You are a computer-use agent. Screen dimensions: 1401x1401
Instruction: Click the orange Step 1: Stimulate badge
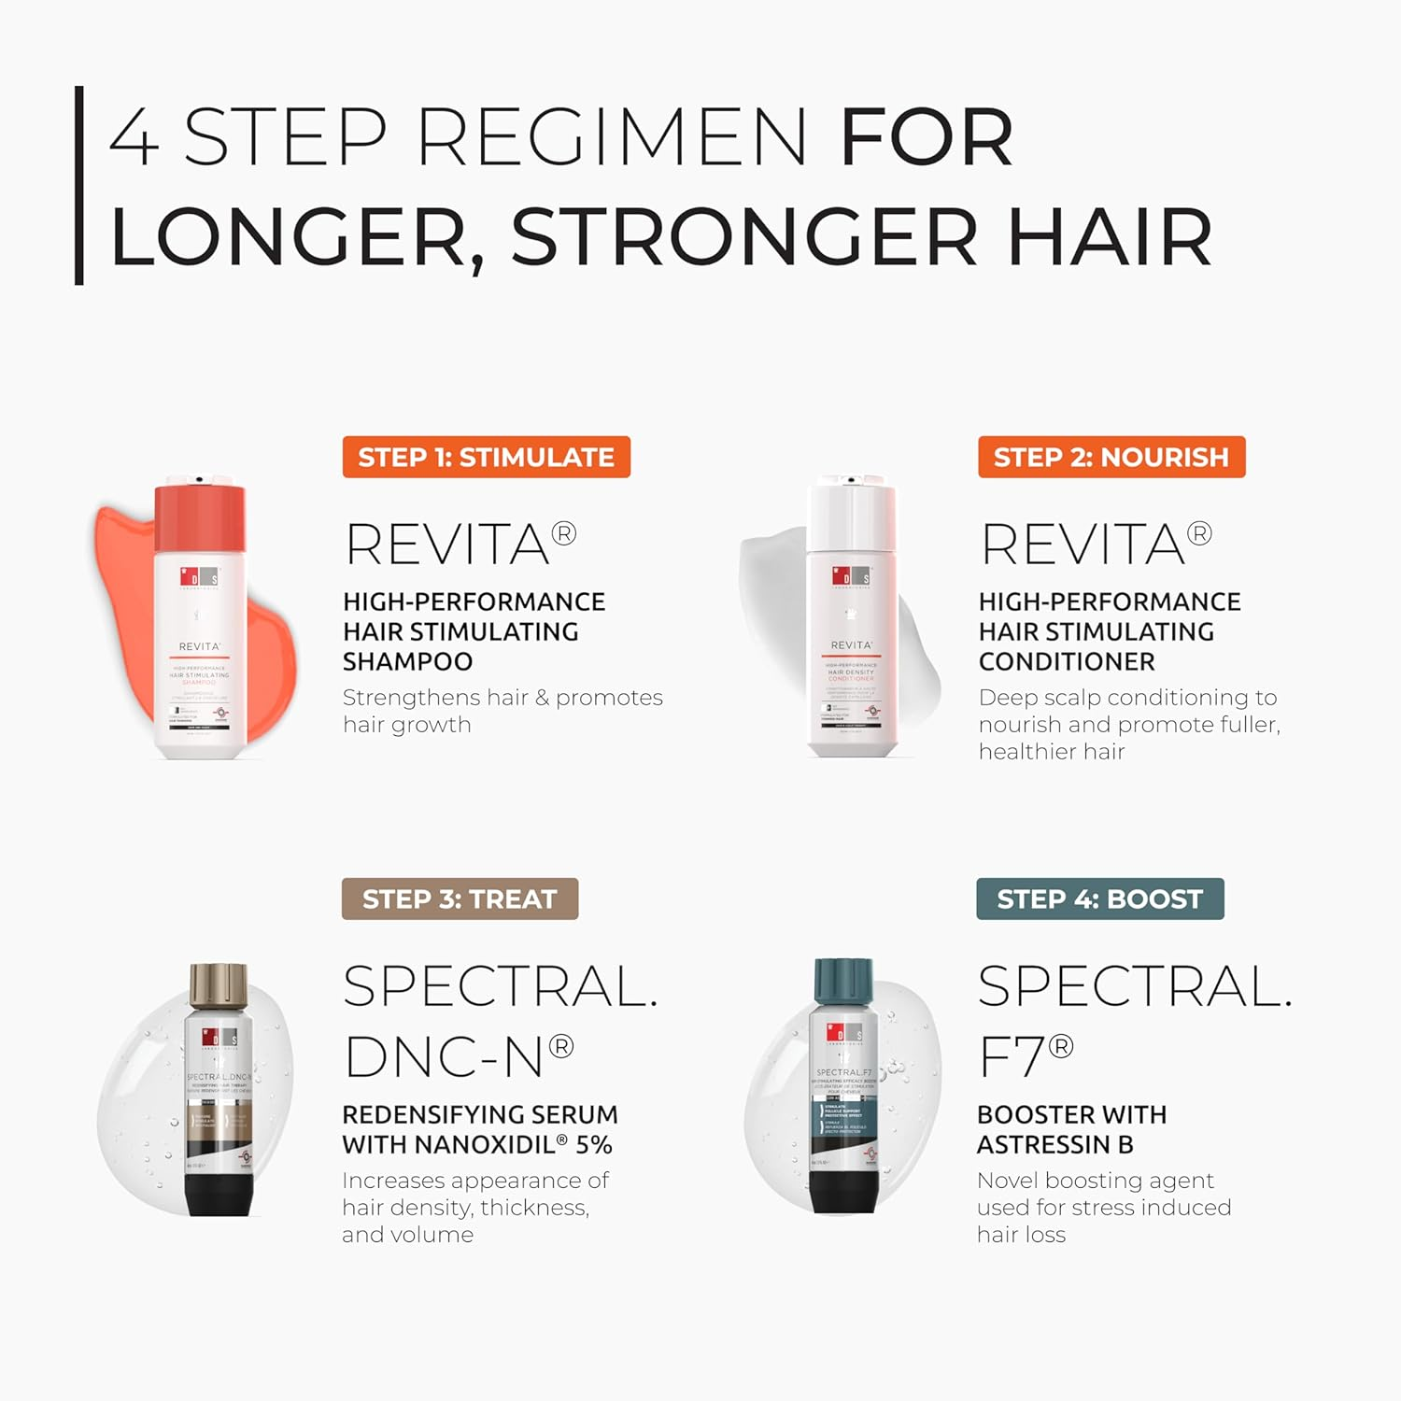486,457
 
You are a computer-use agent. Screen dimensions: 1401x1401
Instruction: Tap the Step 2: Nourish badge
1111,457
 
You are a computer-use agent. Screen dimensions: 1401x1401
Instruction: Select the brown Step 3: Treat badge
460,899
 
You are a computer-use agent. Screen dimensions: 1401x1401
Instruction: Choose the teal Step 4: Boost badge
1099,899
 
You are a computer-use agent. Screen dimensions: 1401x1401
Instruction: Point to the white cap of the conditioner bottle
852,514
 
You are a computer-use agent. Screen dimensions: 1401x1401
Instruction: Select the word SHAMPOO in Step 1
407,661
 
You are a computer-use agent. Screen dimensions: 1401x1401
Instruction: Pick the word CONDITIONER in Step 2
1067,661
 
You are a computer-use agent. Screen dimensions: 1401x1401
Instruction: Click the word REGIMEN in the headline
612,137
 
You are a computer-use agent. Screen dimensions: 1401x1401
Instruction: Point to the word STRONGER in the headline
744,237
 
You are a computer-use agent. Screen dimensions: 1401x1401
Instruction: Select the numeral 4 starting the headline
134,137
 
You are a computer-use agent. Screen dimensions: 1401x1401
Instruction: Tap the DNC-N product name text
458,1057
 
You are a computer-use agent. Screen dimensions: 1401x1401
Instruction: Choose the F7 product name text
1025,1057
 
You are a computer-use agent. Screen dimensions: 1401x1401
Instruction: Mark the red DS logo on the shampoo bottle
199,578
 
